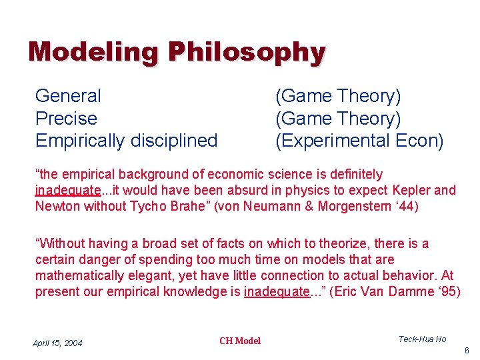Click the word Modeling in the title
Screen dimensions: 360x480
point(93,52)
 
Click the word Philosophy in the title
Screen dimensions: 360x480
point(246,52)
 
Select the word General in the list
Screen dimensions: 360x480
point(68,96)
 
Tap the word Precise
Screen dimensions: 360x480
point(66,119)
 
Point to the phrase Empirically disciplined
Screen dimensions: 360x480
point(126,141)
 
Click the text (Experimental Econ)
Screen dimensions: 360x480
point(359,141)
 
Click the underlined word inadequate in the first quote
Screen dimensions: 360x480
point(68,191)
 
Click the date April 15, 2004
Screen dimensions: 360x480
point(57,343)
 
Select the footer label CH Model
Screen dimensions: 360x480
point(240,341)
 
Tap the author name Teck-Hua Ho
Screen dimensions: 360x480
point(422,339)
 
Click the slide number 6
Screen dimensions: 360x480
point(467,350)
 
